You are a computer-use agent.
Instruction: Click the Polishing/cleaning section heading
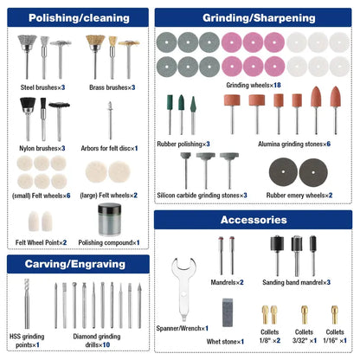pyautogui.click(x=79, y=18)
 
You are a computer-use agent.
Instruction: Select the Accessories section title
pyautogui.click(x=254, y=220)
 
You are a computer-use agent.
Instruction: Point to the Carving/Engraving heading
pyautogui.click(x=75, y=264)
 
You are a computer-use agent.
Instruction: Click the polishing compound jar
pyautogui.click(x=110, y=220)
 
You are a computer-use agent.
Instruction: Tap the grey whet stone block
pyautogui.click(x=228, y=312)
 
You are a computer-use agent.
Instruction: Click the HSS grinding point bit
pyautogui.click(x=27, y=304)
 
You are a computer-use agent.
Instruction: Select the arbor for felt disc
pyautogui.click(x=110, y=120)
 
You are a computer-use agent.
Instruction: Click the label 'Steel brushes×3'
pyautogui.click(x=42, y=87)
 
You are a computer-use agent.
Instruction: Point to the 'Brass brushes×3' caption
pyautogui.click(x=112, y=87)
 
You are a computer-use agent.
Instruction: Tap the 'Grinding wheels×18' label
pyautogui.click(x=254, y=85)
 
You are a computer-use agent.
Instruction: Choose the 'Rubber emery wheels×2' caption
pyautogui.click(x=299, y=196)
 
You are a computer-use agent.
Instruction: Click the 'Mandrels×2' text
pyautogui.click(x=227, y=282)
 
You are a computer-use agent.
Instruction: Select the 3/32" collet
pyautogui.click(x=305, y=315)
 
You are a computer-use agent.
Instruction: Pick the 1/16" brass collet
pyautogui.click(x=335, y=315)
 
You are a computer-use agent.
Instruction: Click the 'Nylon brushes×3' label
pyautogui.click(x=42, y=148)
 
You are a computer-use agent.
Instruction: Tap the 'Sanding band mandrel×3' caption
pyautogui.click(x=296, y=282)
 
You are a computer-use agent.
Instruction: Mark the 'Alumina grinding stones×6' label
pyautogui.click(x=294, y=144)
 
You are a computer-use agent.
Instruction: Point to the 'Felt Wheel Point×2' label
pyautogui.click(x=41, y=242)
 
